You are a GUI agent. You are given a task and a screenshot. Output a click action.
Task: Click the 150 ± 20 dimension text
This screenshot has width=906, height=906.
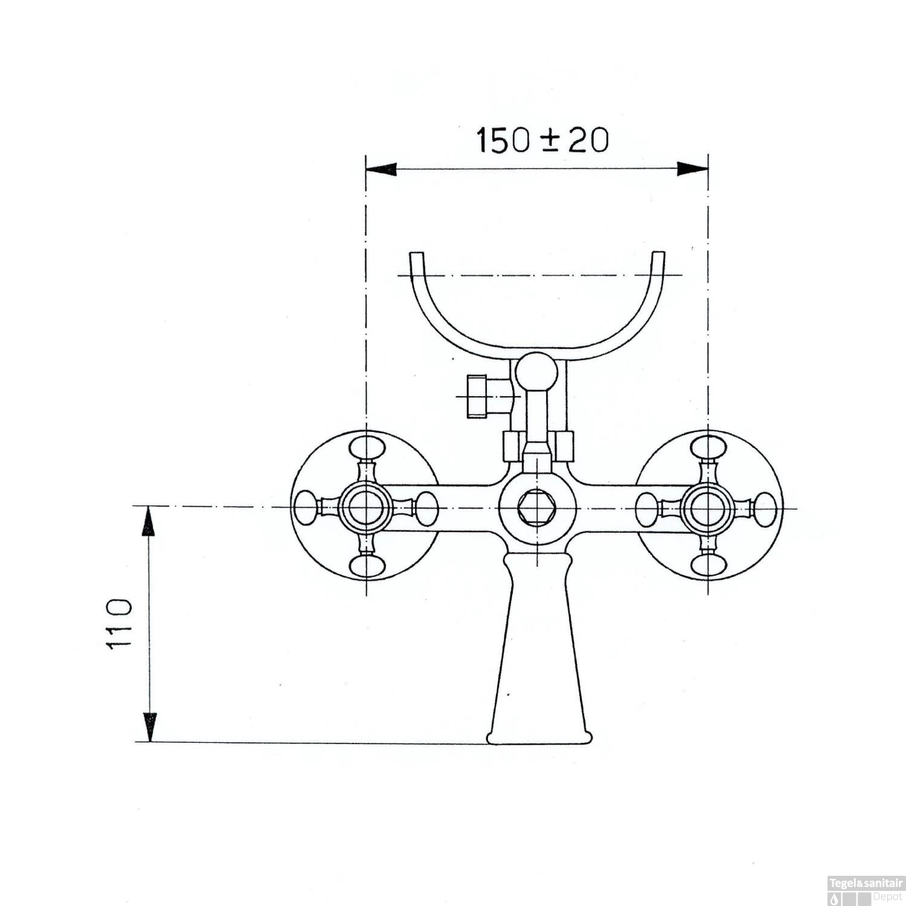[542, 140]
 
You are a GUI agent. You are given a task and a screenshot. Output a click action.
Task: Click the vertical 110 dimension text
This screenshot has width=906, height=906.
[119, 624]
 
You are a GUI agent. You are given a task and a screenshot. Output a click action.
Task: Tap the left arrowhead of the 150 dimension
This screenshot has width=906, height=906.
[381, 169]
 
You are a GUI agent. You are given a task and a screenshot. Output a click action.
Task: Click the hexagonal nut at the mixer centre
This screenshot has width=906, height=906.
[532, 507]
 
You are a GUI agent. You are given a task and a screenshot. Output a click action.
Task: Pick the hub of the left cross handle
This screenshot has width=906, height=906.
[366, 507]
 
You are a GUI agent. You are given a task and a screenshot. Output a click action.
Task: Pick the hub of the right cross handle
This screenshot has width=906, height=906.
[708, 507]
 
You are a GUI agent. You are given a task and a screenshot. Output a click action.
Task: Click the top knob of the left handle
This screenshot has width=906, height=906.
[367, 448]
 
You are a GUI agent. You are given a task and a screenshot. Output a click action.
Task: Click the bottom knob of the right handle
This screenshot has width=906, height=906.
[708, 565]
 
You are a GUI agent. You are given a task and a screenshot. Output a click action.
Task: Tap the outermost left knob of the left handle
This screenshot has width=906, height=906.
[306, 507]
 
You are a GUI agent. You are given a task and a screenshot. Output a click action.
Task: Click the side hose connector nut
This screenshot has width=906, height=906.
[477, 396]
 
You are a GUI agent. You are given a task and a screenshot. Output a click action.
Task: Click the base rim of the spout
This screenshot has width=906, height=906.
[539, 737]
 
